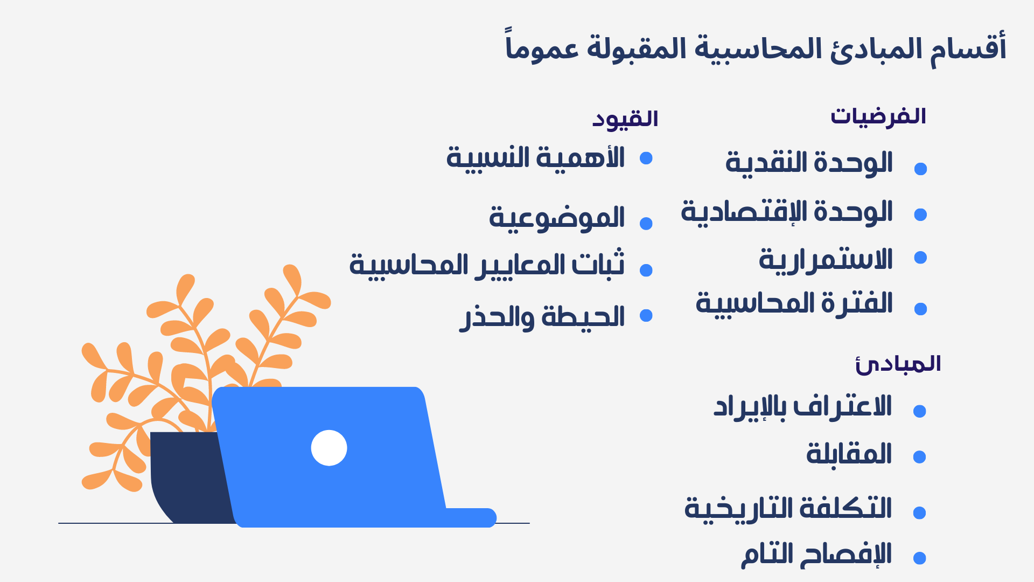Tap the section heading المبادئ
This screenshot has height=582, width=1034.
tap(898, 364)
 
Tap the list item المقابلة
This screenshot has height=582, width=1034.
tap(849, 454)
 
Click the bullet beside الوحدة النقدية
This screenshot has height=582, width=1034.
tap(921, 169)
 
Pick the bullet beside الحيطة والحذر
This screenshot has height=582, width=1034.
tap(646, 315)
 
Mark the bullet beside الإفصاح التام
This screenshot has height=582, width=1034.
tap(920, 558)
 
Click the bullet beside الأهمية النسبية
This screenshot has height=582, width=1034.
tap(646, 158)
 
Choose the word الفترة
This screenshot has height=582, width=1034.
tap(857, 303)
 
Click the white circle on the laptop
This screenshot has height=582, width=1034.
tap(329, 448)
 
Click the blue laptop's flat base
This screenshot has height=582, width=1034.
tap(469, 517)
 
